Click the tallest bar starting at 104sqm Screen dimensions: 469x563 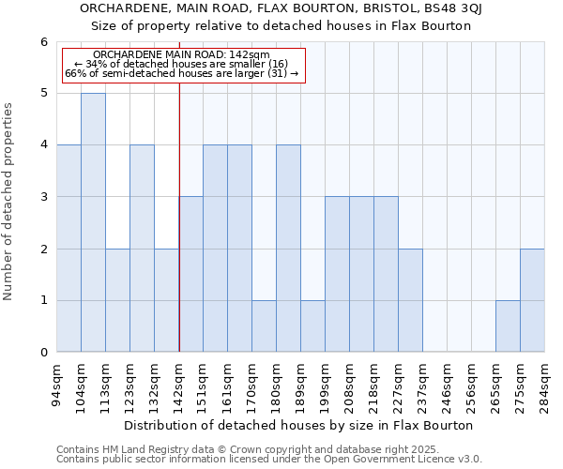pyautogui.click(x=93, y=222)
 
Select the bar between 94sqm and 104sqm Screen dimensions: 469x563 pyautogui.click(x=68, y=249)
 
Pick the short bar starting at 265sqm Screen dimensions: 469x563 pyautogui.click(x=508, y=326)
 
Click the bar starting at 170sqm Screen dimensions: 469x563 pyautogui.click(x=264, y=326)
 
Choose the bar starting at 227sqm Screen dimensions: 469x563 pyautogui.click(x=410, y=300)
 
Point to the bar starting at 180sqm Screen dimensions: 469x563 pyautogui.click(x=288, y=249)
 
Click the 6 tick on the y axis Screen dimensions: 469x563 pyautogui.click(x=43, y=42)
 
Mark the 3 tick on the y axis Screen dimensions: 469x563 pyautogui.click(x=43, y=197)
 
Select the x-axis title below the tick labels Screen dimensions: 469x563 pyautogui.click(x=300, y=425)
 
